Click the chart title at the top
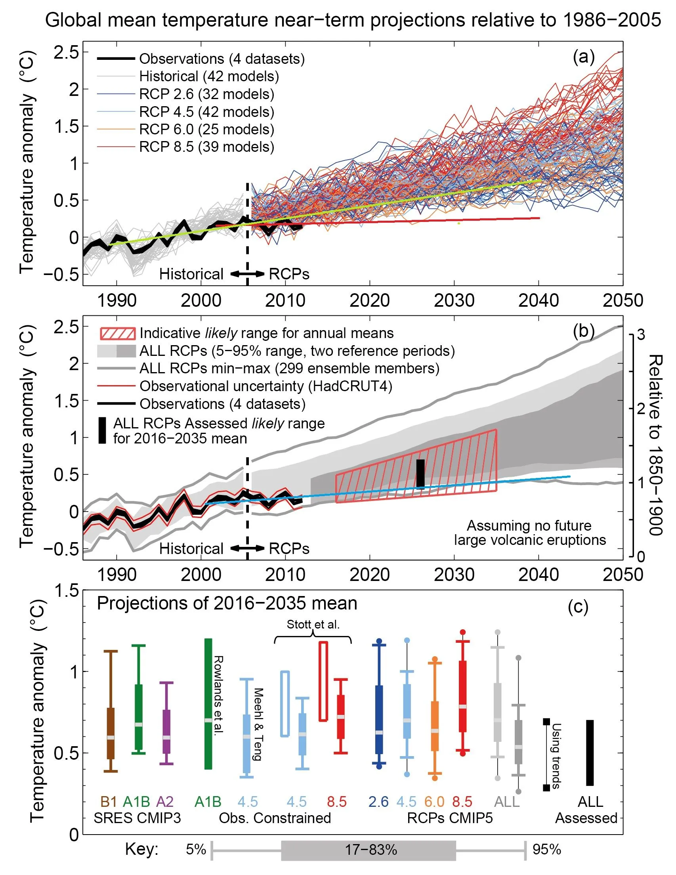[x=353, y=20]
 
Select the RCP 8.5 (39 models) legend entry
[x=206, y=147]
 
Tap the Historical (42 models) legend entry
[x=208, y=76]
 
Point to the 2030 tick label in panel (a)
[x=454, y=301]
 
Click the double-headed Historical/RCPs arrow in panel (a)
[x=247, y=275]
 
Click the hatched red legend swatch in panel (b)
[x=117, y=333]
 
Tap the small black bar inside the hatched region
[x=420, y=474]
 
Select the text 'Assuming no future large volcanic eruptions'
[x=529, y=533]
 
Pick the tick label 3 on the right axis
[x=641, y=334]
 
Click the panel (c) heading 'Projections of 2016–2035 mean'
[x=227, y=604]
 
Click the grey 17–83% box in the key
[x=368, y=850]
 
